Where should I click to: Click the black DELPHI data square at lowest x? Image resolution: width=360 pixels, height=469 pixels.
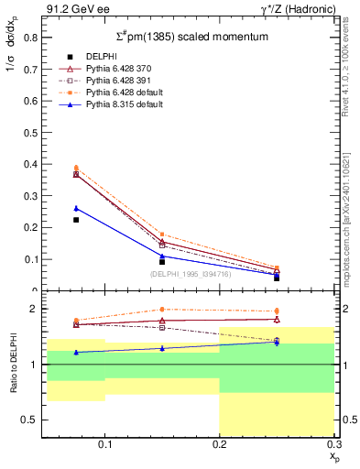coord(76,220)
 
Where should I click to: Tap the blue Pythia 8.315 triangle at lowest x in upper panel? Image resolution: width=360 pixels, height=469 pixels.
coord(76,208)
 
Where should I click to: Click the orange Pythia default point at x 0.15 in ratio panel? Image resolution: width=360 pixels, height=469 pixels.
coord(162,310)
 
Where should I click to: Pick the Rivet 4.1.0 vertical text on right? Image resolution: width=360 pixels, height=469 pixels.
coord(346,73)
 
